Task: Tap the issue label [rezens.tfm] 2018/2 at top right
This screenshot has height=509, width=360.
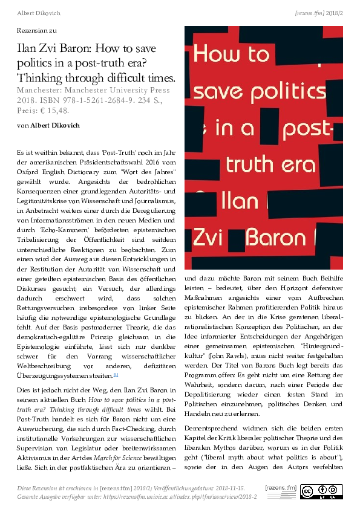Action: point(318,11)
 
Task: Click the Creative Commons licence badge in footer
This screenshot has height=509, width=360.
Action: point(317,491)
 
